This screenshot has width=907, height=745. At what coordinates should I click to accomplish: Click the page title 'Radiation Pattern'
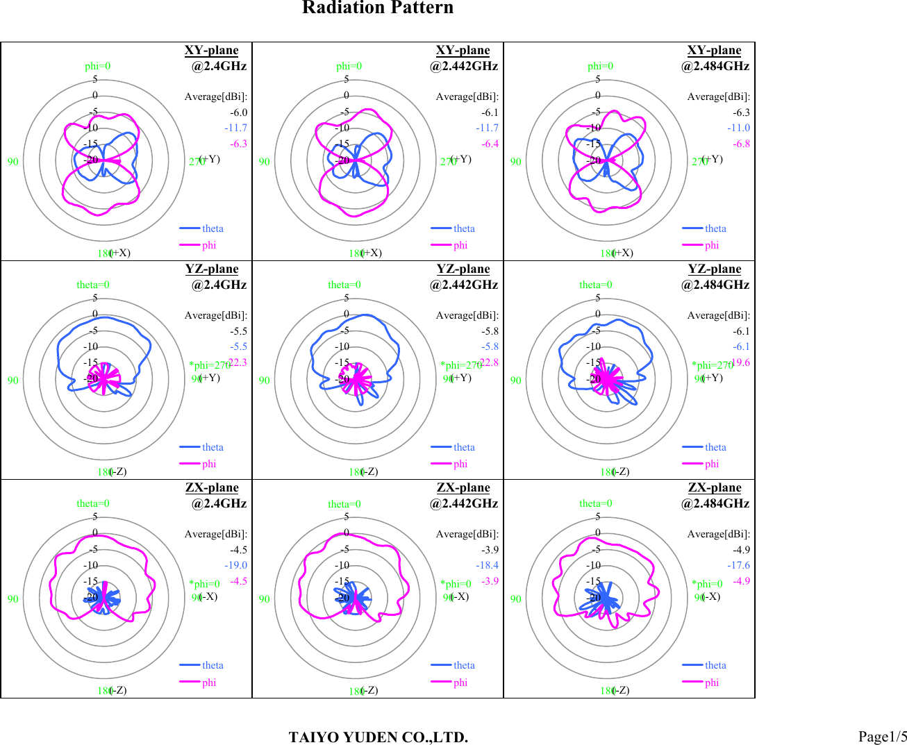coord(378,8)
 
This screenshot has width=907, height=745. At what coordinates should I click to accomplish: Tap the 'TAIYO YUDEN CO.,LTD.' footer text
coord(378,737)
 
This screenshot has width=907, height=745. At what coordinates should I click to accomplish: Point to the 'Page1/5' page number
coord(882,737)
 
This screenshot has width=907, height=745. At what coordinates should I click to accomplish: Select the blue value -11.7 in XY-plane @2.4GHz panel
coord(235,128)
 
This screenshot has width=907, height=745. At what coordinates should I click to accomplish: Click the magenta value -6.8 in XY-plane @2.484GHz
coord(742,144)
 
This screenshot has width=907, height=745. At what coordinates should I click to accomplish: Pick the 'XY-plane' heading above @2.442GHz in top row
coord(463,50)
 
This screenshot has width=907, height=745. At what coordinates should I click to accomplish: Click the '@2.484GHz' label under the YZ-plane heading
coord(715,285)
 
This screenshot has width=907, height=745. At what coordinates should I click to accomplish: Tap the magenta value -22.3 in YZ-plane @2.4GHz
coord(238,362)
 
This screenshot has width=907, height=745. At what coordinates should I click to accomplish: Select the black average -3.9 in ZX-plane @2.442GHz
coord(490,549)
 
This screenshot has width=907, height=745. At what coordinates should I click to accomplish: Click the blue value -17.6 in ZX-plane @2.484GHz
coord(739,565)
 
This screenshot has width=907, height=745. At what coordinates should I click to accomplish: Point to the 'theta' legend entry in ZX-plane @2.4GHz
coord(213,665)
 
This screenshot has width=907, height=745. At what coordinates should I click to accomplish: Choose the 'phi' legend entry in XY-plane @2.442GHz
coord(460,245)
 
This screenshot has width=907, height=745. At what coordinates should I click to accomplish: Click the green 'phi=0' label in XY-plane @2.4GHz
coord(97,66)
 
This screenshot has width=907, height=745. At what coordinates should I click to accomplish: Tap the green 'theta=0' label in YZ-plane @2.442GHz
coord(344,285)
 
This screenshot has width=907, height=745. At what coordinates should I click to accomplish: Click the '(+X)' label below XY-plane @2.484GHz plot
coord(623,253)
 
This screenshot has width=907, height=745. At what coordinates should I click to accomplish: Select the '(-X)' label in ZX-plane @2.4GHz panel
coord(208,596)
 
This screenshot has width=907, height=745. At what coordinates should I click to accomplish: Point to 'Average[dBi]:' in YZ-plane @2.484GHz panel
coord(718,315)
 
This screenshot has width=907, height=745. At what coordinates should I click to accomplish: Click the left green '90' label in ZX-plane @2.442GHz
coord(265,599)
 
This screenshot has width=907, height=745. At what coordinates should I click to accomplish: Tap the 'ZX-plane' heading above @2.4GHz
coord(212,487)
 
